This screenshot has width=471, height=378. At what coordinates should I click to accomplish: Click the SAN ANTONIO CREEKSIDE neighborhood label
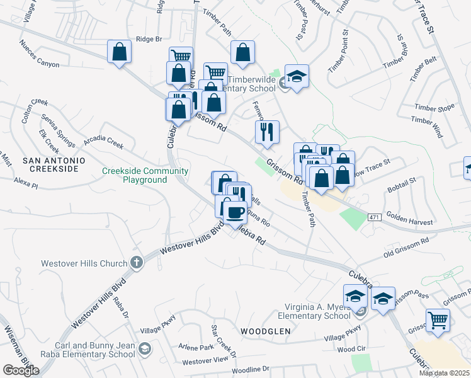pyautogui.click(x=54, y=165)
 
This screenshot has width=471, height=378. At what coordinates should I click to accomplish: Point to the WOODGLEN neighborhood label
pyautogui.click(x=265, y=331)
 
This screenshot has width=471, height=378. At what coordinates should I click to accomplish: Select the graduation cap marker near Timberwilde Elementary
pyautogui.click(x=297, y=77)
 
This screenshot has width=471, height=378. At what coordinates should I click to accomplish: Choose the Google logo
pyautogui.click(x=21, y=370)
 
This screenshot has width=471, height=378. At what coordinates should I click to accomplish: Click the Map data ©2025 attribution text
pyautogui.click(x=444, y=373)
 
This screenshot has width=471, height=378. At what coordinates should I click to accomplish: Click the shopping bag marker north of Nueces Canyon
pyautogui.click(x=119, y=52)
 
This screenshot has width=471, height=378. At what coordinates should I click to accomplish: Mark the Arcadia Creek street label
pyautogui.click(x=103, y=143)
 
